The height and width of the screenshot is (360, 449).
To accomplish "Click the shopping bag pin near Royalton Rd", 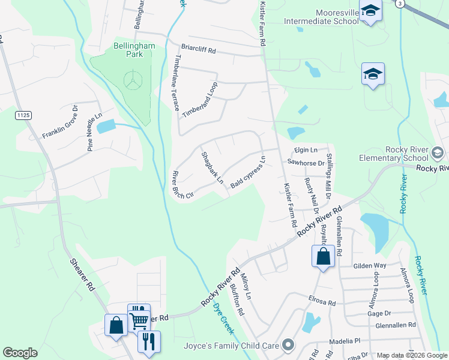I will pyautogui.click(x=323, y=256).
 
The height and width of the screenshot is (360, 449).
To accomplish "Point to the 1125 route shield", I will pyautogui.click(x=23, y=115).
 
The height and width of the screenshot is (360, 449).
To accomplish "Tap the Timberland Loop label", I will pyautogui.click(x=200, y=100).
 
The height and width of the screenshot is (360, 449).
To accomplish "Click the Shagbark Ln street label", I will pyautogui.click(x=212, y=167).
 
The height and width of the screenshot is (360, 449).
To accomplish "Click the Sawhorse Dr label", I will pyautogui.click(x=305, y=163).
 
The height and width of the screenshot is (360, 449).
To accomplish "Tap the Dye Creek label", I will pyautogui.click(x=223, y=318).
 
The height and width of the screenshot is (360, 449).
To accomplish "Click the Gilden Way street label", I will pyautogui.click(x=370, y=265).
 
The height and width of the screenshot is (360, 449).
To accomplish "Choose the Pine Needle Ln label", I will pyautogui.click(x=95, y=134).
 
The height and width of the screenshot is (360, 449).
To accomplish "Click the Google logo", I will pyautogui.click(x=20, y=353).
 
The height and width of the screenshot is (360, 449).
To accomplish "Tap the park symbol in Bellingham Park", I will pyautogui.click(x=133, y=79).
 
